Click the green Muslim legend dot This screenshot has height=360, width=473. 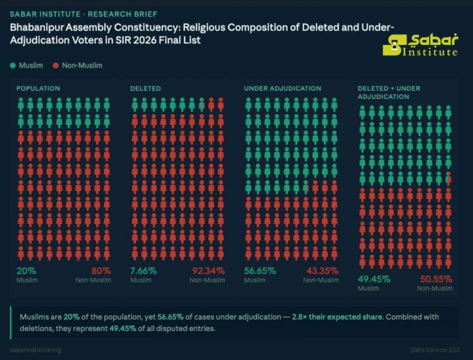pos(13,65)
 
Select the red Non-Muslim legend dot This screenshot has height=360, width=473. pos(56,65)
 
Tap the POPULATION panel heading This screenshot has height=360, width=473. pos(38,89)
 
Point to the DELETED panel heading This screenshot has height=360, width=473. pos(145,89)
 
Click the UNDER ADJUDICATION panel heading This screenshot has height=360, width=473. pos(282,89)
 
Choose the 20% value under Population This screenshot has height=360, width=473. pos(26,271)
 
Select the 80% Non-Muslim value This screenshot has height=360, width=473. pos(100,271)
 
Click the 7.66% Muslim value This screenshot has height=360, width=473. pos(144,271)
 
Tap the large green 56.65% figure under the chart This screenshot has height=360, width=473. pos(259,271)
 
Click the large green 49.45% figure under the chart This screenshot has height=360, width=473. pos(373,279)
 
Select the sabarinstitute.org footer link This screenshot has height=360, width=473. pos(36,350)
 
